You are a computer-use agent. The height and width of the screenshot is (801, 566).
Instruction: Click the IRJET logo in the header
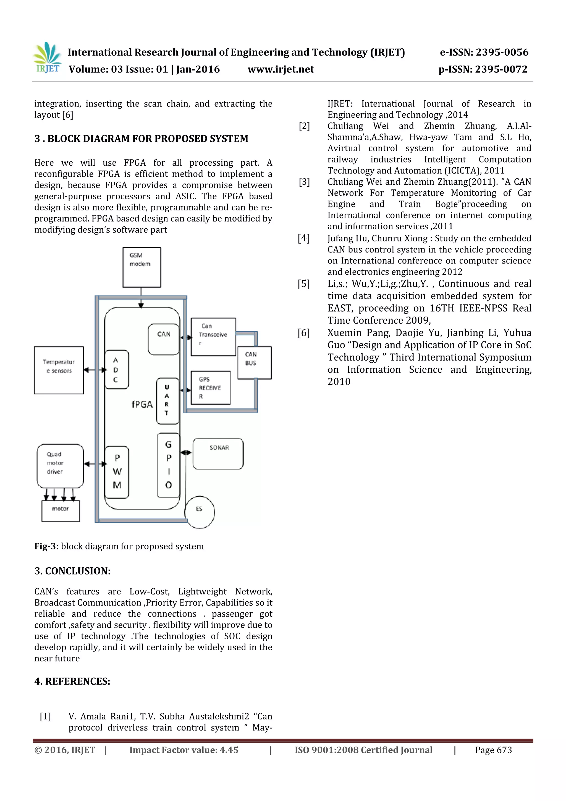(48, 58)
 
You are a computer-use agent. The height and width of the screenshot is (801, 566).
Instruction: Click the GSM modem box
(141, 267)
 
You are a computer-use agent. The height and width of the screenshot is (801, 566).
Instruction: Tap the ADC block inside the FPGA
(116, 369)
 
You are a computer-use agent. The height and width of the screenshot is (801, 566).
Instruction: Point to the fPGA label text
(142, 404)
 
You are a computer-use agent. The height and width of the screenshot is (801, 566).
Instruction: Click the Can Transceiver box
(213, 337)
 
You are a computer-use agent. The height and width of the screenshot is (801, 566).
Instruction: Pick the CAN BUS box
(254, 362)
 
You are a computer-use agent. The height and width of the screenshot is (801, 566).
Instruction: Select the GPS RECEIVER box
(211, 388)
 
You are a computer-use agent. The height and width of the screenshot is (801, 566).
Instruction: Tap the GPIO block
(168, 465)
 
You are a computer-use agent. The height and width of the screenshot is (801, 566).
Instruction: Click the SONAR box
(218, 453)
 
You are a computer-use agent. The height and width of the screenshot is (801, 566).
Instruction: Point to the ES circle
(199, 512)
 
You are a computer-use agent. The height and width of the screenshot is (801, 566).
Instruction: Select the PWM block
(117, 472)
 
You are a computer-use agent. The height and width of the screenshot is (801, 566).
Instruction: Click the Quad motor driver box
(60, 465)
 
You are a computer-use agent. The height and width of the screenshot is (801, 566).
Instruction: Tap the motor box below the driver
(60, 511)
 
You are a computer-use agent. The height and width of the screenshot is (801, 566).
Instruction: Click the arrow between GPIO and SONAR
(186, 453)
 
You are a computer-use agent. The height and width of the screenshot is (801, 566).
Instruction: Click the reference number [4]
(303, 238)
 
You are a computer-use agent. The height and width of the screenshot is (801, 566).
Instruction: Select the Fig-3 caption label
(46, 546)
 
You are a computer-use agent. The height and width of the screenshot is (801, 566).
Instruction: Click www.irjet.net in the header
(281, 69)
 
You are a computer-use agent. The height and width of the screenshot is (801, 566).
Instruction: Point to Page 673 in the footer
(493, 750)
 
